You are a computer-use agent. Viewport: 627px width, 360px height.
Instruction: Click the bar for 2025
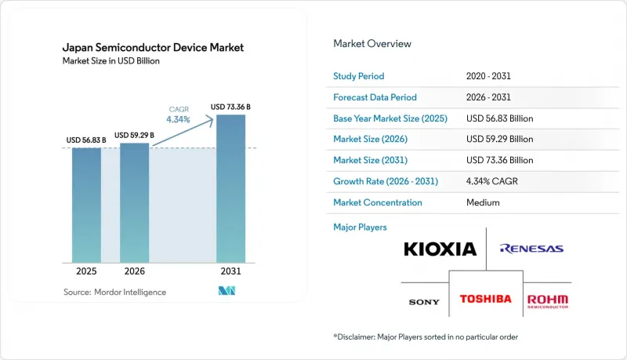point(86,205)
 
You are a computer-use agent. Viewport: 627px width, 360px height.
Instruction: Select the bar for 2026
point(134,203)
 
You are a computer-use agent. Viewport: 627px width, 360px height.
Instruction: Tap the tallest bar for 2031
point(230,189)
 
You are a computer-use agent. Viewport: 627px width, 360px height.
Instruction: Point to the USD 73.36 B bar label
point(230,107)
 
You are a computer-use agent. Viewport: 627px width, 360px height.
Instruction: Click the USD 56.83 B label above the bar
point(86,140)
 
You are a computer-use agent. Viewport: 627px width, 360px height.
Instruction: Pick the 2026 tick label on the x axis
point(134,271)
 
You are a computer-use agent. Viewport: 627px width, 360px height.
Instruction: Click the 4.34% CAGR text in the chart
point(179,119)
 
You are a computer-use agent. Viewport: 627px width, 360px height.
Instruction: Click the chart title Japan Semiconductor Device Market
point(153,48)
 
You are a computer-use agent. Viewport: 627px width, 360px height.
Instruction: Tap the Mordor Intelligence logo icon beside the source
point(227,291)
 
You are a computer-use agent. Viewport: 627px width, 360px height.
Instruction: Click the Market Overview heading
point(372,44)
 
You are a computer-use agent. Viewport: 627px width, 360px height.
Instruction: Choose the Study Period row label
point(359,76)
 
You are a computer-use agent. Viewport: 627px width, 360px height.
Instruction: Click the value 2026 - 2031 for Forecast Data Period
point(488,97)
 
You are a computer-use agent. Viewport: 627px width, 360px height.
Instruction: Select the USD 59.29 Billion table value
point(499,139)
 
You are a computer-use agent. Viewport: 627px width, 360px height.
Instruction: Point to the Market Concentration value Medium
point(483,202)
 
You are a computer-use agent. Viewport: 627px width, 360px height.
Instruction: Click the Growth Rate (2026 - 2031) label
point(386,181)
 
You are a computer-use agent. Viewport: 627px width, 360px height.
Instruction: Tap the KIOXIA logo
point(440,249)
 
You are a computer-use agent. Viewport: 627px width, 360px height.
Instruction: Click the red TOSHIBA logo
point(485,299)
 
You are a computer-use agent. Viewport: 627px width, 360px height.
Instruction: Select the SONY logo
point(424,302)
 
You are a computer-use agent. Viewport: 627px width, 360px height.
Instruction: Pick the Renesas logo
point(531,249)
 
